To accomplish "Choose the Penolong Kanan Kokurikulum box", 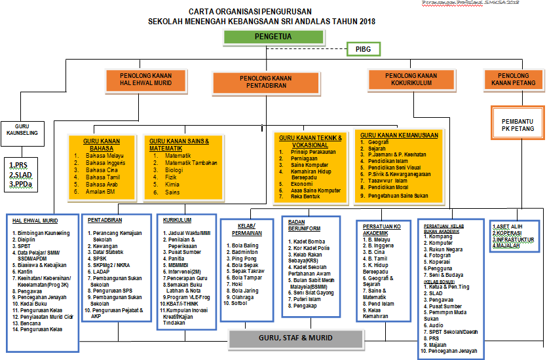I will point(411,79).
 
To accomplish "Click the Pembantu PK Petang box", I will point(518,125).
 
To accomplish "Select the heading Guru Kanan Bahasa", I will point(101,144).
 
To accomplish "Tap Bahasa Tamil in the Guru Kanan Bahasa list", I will point(104,177).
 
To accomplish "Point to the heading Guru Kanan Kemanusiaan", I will point(399,135).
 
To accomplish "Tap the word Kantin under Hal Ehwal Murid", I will point(26,271).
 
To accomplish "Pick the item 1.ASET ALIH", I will point(508,226).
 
